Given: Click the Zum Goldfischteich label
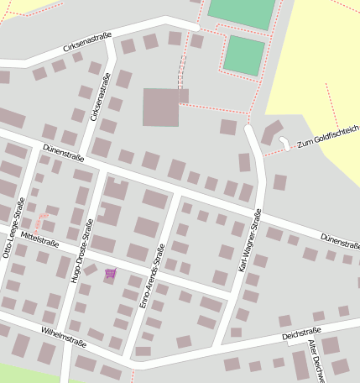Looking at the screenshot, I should point(326,136).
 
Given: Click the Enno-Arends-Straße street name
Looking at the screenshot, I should point(153,275).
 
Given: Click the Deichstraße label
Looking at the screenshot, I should point(302,333).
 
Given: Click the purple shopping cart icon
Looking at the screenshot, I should point(110,273).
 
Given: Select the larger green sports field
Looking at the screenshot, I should point(242,13).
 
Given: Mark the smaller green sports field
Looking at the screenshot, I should point(244,55).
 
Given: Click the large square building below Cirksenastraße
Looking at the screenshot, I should point(160,108).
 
